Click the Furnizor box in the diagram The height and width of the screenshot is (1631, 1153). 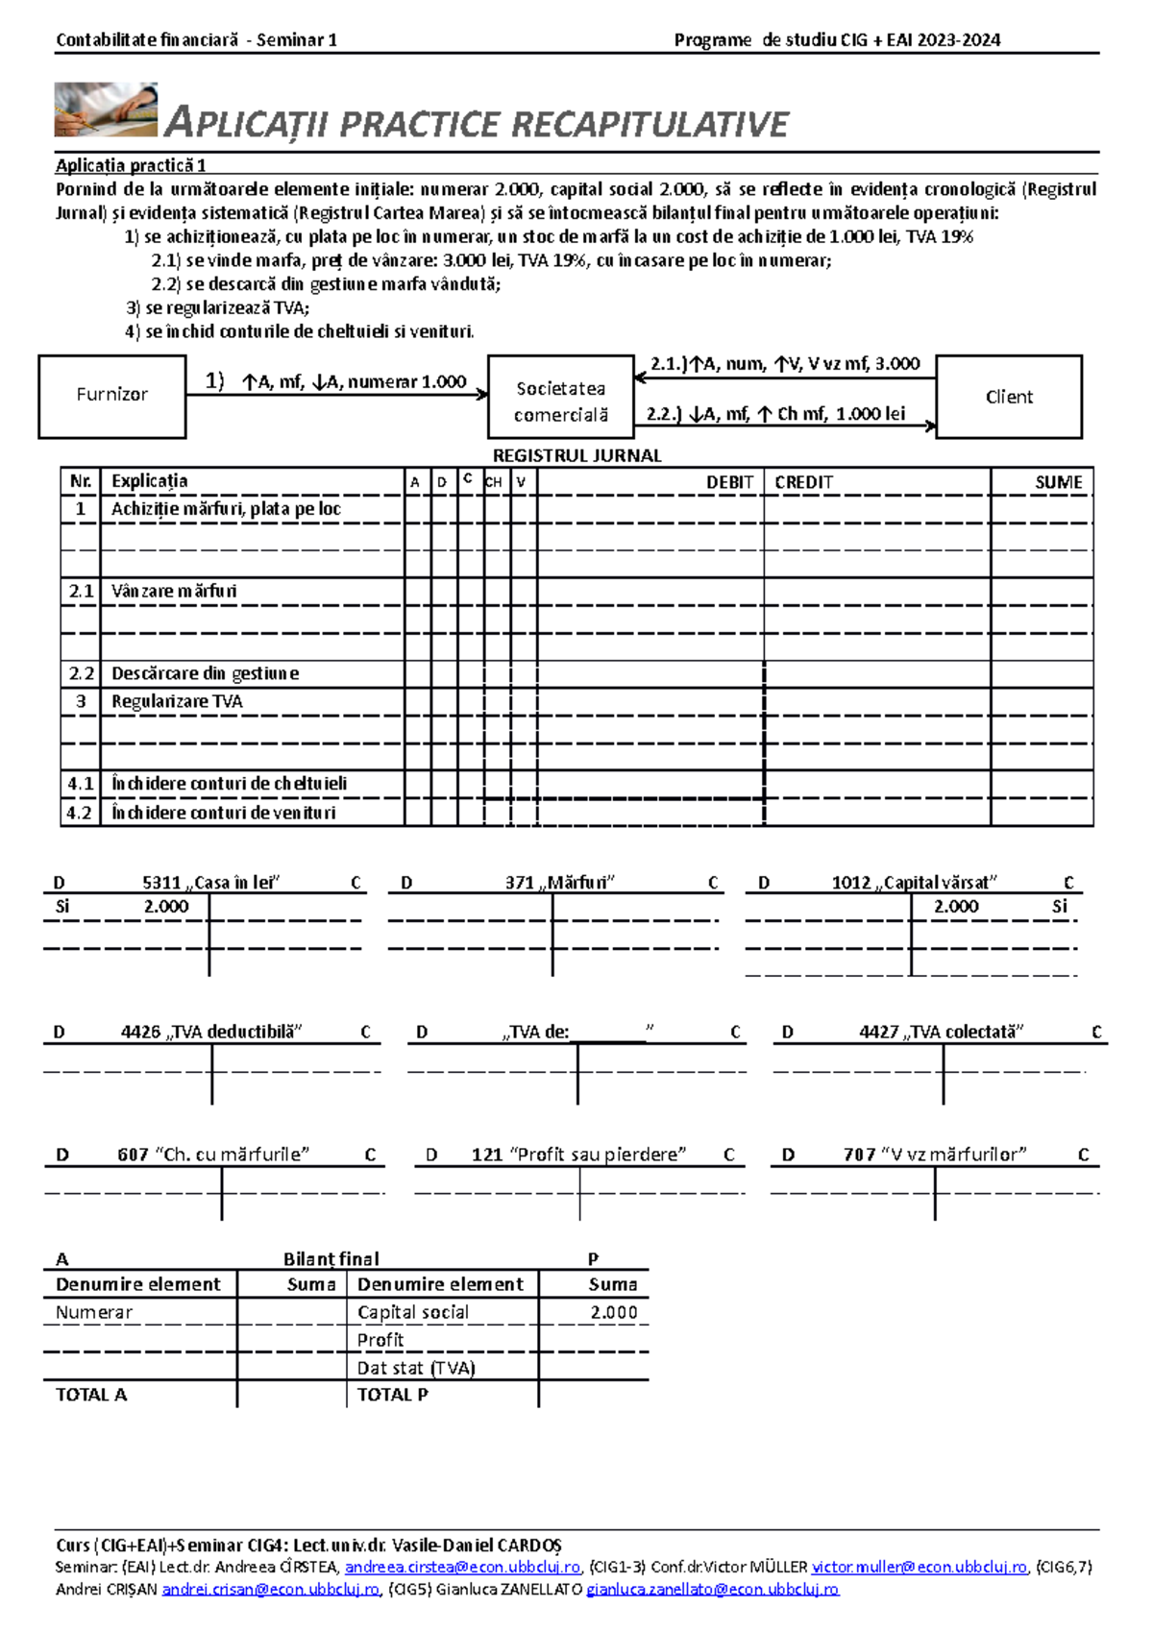(111, 396)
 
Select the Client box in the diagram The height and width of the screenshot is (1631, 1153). (1008, 397)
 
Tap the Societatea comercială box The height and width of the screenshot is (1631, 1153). (561, 402)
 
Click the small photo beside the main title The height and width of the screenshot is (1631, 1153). (106, 110)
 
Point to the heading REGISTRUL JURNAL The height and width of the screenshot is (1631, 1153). (576, 455)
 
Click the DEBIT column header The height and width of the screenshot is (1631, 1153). (729, 482)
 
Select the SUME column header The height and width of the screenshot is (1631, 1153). (1058, 482)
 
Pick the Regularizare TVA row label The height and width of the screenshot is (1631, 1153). (177, 701)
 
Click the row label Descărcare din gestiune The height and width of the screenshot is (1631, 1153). (205, 673)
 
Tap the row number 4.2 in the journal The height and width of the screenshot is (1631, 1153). (79, 813)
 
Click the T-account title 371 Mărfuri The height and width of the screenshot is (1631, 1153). (559, 882)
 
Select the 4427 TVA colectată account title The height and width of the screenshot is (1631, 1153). (941, 1032)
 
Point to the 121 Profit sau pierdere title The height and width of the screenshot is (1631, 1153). (578, 1155)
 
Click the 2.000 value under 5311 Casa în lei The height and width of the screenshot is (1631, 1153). (166, 906)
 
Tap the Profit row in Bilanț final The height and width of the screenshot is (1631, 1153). (380, 1340)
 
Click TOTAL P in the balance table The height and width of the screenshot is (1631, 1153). (392, 1395)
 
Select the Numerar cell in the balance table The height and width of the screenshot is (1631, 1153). (94, 1312)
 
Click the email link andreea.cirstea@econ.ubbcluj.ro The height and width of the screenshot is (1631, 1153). (462, 1567)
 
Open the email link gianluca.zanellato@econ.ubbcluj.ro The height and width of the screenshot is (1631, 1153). (712, 1589)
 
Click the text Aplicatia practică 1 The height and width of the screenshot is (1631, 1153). (131, 165)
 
